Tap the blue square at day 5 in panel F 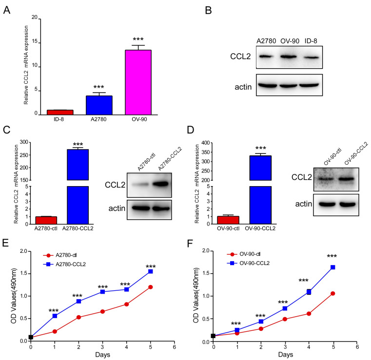(333, 267)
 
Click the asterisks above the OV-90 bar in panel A (152, 38)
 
